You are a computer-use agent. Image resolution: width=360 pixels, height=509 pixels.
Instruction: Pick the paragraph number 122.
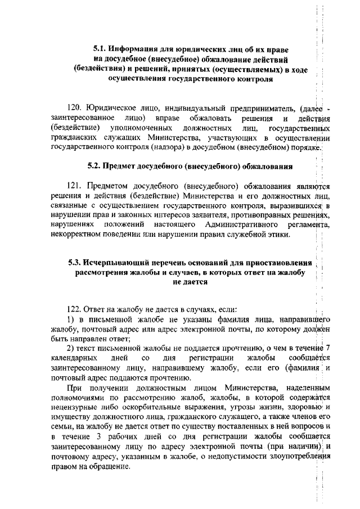(74, 309)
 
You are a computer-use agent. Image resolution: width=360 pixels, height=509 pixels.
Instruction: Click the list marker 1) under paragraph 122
(70, 319)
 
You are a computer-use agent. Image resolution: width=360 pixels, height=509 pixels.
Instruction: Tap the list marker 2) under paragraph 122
(70, 348)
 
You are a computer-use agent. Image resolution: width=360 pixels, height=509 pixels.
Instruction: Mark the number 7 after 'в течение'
(328, 348)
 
